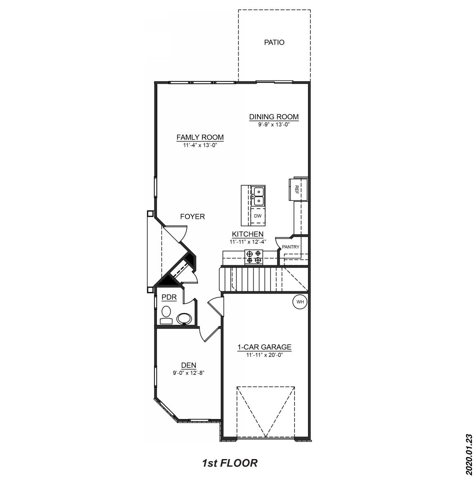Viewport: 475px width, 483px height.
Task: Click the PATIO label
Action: pyautogui.click(x=274, y=43)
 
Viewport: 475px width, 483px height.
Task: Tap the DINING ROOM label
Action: pyautogui.click(x=273, y=117)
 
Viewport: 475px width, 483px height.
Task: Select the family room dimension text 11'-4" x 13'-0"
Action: pyautogui.click(x=200, y=145)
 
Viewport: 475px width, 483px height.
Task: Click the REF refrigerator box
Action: pyautogui.click(x=297, y=189)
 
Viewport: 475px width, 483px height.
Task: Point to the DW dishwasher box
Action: pyautogui.click(x=258, y=216)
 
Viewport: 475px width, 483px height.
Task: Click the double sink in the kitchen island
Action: pyautogui.click(x=259, y=196)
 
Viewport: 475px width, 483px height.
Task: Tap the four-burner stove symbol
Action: pyautogui.click(x=254, y=257)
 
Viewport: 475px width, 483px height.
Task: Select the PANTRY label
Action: pyautogui.click(x=291, y=247)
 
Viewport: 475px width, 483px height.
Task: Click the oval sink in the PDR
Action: pyautogui.click(x=184, y=319)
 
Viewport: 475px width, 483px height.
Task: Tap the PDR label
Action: pyautogui.click(x=169, y=297)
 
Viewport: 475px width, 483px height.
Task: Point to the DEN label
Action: pyautogui.click(x=189, y=365)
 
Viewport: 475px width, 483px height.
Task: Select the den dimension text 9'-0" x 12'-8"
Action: pyautogui.click(x=189, y=373)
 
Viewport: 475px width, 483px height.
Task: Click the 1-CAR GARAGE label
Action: pyautogui.click(x=264, y=347)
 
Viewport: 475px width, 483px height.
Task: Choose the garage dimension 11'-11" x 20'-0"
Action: pyautogui.click(x=264, y=355)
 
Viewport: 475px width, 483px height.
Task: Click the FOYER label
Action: pyautogui.click(x=192, y=217)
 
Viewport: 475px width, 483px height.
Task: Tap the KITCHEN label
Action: pyautogui.click(x=248, y=234)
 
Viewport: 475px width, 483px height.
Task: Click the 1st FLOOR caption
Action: pyautogui.click(x=230, y=463)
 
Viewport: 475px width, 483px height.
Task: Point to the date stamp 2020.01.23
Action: pyautogui.click(x=468, y=454)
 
